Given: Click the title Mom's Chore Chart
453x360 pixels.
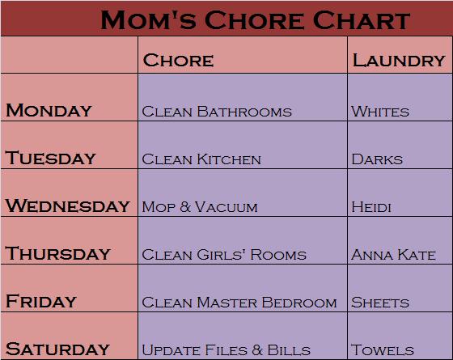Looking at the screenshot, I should tap(255, 19).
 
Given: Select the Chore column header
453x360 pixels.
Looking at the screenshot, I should tap(178, 60).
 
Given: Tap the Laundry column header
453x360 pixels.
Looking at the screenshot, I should tap(399, 60).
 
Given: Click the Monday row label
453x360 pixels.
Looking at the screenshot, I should tap(49, 110).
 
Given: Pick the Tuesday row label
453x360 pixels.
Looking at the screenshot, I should tap(50, 158).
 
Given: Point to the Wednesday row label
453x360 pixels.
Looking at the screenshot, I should tap(68, 205).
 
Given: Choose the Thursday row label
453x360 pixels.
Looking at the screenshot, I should tap(57, 253).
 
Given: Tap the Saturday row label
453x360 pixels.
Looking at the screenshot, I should tap(57, 349).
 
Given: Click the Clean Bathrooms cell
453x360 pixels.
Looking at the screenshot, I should tap(217, 112).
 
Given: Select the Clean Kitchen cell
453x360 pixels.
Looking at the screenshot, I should tap(201, 159).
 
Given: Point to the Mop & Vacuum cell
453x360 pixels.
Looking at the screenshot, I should tap(200, 207).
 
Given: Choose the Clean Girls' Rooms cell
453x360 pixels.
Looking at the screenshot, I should tap(224, 255).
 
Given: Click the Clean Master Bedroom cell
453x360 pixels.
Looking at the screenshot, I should tap(239, 303).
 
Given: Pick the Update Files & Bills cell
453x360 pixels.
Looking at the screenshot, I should tap(226, 350).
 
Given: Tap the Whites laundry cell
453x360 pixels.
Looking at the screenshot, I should tap(380, 112).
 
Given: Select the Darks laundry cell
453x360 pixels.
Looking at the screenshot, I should tap(377, 159).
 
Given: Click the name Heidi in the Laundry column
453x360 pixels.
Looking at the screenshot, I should tap(371, 207).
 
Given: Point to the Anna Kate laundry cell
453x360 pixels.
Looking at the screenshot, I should tap(393, 255).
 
